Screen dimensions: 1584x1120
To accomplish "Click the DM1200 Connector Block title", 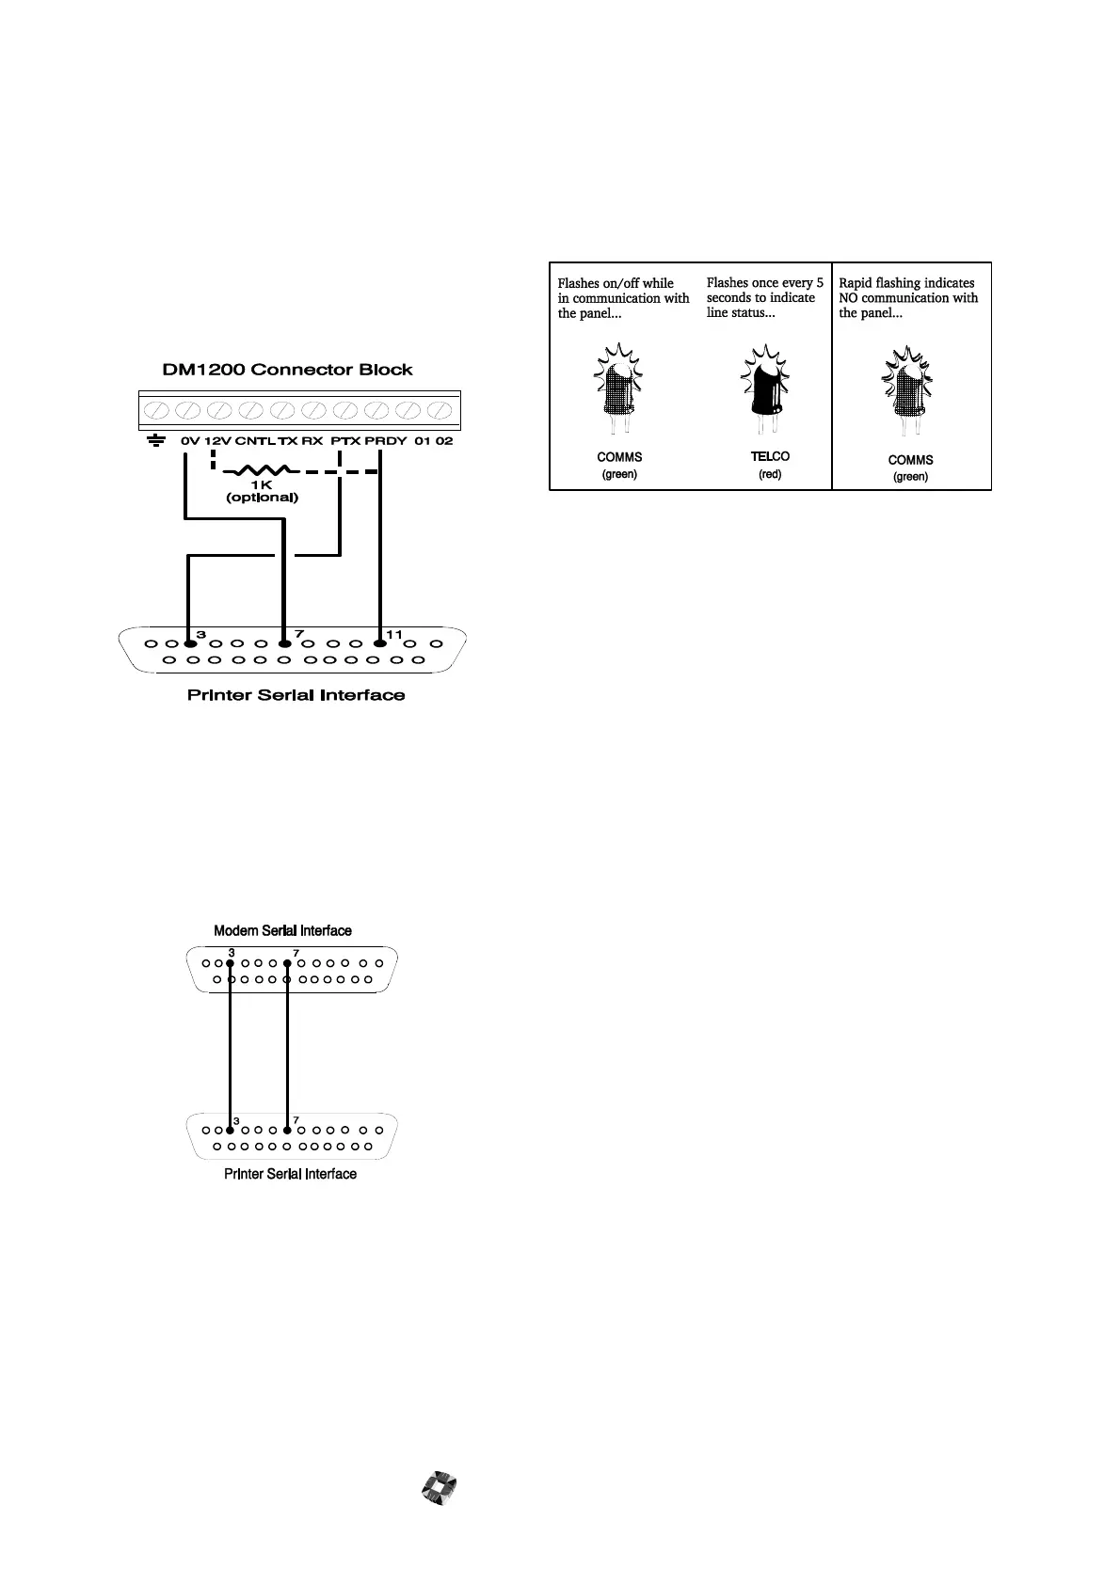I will pos(287,370).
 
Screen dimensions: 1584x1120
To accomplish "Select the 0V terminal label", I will pos(190,440).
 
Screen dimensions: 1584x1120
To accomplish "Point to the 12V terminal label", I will pos(217,440).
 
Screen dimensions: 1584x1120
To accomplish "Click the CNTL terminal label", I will pos(254,440).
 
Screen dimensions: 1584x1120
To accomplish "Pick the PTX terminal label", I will pos(345,440).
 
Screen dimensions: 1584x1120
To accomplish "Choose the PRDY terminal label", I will pos(382,440).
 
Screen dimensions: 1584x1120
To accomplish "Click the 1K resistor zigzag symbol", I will pos(262,470).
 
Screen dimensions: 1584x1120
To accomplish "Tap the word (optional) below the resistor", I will pos(262,498).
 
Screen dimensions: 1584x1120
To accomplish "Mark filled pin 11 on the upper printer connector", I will pos(380,643).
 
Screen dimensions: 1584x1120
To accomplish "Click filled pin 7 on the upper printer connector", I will pos(284,643).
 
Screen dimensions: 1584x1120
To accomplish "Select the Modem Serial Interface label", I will pos(282,930).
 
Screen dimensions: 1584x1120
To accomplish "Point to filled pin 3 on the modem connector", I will pos(230,963).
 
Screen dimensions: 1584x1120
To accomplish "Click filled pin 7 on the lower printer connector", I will pos(287,1130).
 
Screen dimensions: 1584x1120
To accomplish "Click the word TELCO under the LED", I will pos(770,456).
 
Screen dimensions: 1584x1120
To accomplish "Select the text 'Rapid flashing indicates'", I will pos(906,282).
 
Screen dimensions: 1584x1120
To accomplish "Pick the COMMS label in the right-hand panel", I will pos(910,460).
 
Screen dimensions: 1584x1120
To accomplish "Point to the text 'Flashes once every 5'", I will pos(764,282).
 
